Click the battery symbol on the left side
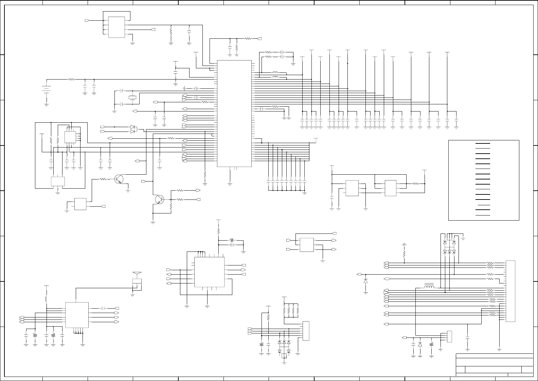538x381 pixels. (x=46, y=89)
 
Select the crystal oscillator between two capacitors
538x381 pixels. (x=133, y=98)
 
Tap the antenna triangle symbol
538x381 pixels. (x=137, y=274)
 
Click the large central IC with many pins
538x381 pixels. (x=234, y=114)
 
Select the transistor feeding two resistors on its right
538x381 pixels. (x=159, y=200)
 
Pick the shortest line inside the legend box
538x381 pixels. (x=484, y=205)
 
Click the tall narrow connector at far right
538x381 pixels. (x=510, y=291)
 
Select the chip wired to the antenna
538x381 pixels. (x=77, y=315)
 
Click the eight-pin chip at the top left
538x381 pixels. (x=116, y=27)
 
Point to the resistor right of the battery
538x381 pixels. (x=71, y=80)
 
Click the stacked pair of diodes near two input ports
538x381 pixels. (x=133, y=129)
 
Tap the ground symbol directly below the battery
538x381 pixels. (x=46, y=105)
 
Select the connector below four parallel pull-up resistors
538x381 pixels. (x=306, y=331)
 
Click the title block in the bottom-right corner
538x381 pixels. (x=494, y=365)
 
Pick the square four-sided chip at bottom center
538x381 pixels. (x=209, y=272)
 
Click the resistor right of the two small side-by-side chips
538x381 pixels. (x=415, y=184)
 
